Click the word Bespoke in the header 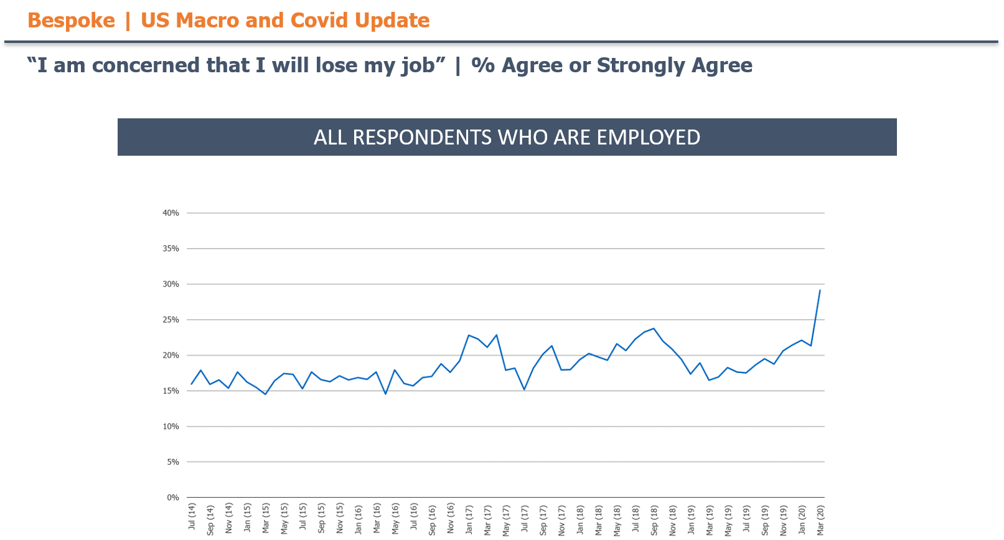pyautogui.click(x=71, y=21)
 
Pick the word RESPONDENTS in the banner pyautogui.click(x=422, y=137)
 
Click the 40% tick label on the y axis pyautogui.click(x=171, y=213)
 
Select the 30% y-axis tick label pyautogui.click(x=171, y=284)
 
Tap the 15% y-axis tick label pyautogui.click(x=171, y=391)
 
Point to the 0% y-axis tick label pyautogui.click(x=172, y=498)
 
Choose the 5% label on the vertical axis pyautogui.click(x=172, y=462)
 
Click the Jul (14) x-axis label pyautogui.click(x=192, y=517)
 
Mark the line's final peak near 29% pyautogui.click(x=820, y=290)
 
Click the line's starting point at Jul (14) pyautogui.click(x=191, y=384)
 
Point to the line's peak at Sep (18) pyautogui.click(x=654, y=328)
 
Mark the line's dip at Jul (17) pyautogui.click(x=524, y=389)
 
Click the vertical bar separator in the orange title pyautogui.click(x=128, y=21)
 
